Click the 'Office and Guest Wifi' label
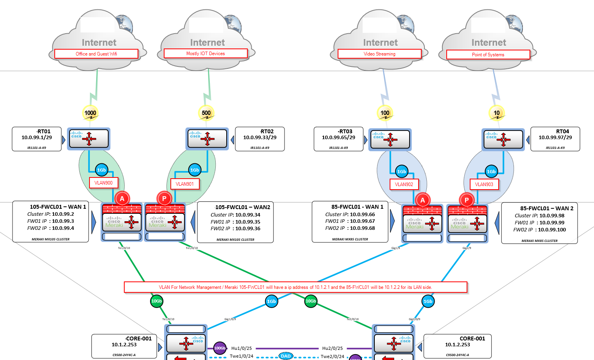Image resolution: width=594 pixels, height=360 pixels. [x=96, y=54]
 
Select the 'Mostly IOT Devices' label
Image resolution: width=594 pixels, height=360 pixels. [x=206, y=54]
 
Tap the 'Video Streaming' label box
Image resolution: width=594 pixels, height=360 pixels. [x=379, y=54]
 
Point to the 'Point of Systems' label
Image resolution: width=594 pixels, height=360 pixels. [x=488, y=55]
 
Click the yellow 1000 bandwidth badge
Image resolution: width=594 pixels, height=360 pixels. [x=90, y=113]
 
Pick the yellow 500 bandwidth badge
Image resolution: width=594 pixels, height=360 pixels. [x=206, y=113]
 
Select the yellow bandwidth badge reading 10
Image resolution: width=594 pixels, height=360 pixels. [x=497, y=113]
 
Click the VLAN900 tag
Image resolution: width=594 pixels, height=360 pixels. [x=104, y=183]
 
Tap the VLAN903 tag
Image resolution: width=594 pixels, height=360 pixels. [x=484, y=184]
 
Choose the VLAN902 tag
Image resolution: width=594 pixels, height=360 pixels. [x=404, y=184]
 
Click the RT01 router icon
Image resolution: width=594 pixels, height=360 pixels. [x=89, y=139]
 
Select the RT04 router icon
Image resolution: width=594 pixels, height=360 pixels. [x=503, y=140]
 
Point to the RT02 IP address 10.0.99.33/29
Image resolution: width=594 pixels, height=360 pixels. [x=259, y=138]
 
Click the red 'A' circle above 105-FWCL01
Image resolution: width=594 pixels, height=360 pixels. [x=122, y=199]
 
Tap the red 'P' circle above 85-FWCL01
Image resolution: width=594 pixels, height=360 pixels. [x=467, y=200]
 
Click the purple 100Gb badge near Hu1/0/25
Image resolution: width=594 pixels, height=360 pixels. [x=220, y=348]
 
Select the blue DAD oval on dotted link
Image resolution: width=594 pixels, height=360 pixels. [x=286, y=356]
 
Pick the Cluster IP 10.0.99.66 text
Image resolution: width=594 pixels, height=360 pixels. [x=350, y=214]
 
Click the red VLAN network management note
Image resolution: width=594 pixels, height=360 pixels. [x=295, y=287]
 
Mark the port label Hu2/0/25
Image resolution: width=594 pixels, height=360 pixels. [x=333, y=348]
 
